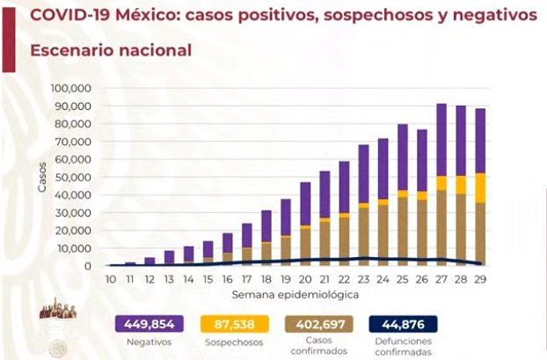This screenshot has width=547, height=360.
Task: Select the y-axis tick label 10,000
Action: click(x=78, y=249)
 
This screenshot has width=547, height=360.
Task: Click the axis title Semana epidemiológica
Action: click(x=295, y=291)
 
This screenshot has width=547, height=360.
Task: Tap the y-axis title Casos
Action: click(x=42, y=177)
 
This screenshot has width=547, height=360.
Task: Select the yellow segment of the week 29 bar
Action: click(x=479, y=187)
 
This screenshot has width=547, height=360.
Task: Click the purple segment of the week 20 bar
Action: click(x=304, y=203)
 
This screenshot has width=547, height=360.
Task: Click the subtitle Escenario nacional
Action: click(x=111, y=50)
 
